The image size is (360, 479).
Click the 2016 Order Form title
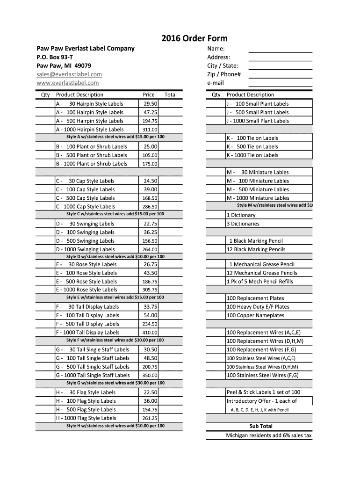click(x=194, y=38)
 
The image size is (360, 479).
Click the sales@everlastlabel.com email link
click(x=69, y=74)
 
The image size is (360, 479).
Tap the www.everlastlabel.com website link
click(x=68, y=83)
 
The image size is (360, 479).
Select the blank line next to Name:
click(x=280, y=49)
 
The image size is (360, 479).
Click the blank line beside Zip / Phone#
click(x=280, y=75)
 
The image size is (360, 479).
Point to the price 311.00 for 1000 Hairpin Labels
click(x=150, y=130)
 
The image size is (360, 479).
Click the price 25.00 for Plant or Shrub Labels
click(x=151, y=146)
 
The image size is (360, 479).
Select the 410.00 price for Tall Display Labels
click(x=150, y=333)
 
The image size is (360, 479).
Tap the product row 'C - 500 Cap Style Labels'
click(x=91, y=198)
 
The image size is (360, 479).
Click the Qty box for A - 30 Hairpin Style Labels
click(x=46, y=104)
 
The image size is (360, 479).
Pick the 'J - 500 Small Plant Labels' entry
click(x=258, y=112)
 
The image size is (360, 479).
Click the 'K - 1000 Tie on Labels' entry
click(x=252, y=155)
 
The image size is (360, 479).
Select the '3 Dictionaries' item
click(x=243, y=224)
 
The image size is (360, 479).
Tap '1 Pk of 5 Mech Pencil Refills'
click(x=260, y=282)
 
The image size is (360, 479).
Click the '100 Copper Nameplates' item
click(x=256, y=315)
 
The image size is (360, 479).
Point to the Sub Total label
click(x=261, y=426)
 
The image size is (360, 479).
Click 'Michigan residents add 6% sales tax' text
click(x=269, y=435)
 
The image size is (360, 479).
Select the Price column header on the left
click(x=149, y=94)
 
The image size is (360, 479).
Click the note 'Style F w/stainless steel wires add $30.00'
click(x=115, y=340)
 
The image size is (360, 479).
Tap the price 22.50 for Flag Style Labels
click(x=151, y=392)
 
